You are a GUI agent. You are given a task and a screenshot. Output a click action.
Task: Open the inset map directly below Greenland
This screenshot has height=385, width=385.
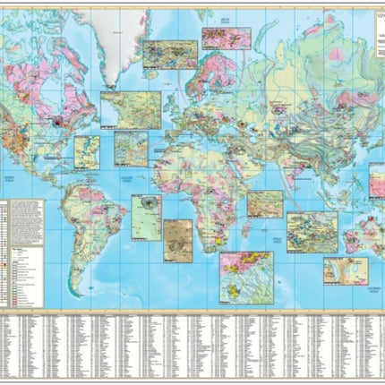[131, 109]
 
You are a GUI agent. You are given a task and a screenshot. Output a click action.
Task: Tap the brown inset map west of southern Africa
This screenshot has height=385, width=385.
[177, 240]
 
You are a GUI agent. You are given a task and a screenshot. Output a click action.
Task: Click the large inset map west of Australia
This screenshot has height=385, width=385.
[312, 232]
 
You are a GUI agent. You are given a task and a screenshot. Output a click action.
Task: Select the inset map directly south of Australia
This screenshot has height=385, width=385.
[345, 269]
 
